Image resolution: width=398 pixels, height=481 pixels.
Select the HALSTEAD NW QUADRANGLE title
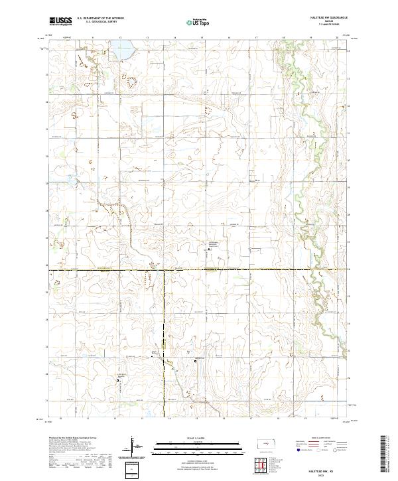pyautogui.click(x=328, y=18)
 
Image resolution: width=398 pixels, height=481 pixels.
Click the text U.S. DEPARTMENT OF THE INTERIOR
pyautogui.click(x=101, y=19)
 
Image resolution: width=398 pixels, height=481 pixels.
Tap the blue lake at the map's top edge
pyautogui.click(x=121, y=49)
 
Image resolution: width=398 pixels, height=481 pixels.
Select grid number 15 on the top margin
pyautogui.click(x=202, y=38)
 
